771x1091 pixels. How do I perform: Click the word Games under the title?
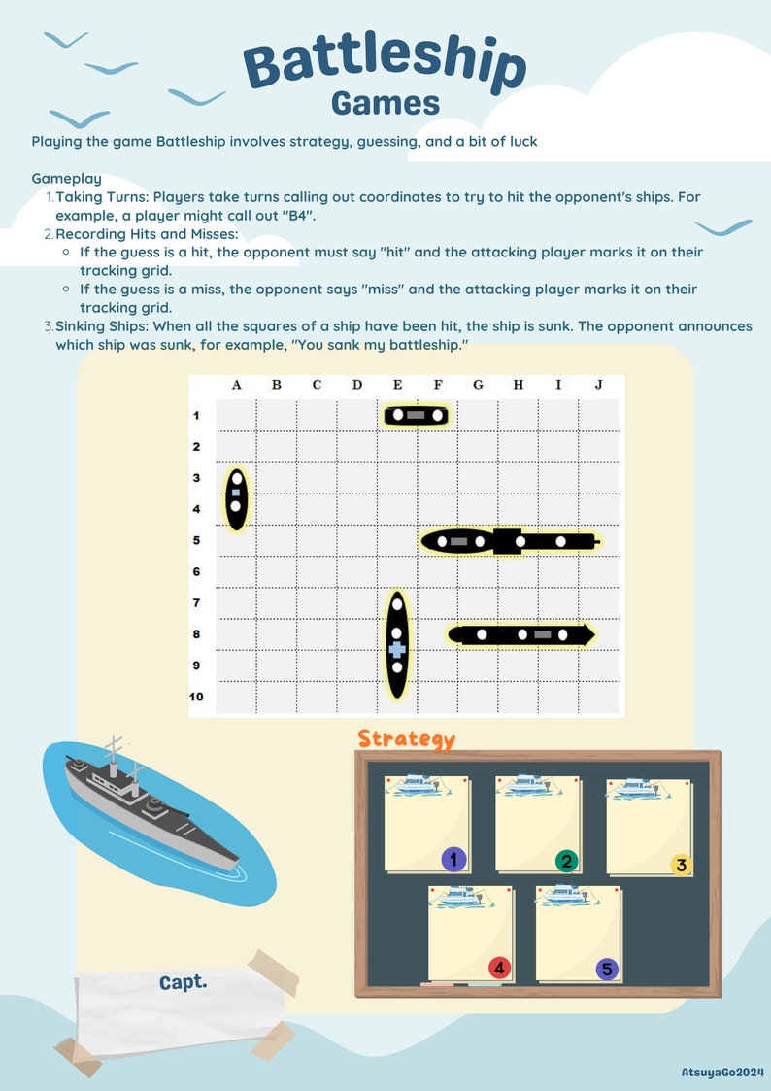click(x=385, y=103)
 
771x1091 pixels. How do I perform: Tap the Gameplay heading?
click(x=66, y=179)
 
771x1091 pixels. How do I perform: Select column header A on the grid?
click(x=236, y=385)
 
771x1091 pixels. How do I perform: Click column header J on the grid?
click(x=598, y=385)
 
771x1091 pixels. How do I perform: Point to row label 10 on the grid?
click(x=196, y=697)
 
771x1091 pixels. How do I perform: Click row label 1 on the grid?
click(x=196, y=416)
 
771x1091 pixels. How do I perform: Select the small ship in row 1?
click(x=416, y=416)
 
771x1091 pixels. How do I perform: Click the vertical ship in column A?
click(x=236, y=497)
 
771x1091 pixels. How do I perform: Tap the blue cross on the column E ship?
click(x=396, y=647)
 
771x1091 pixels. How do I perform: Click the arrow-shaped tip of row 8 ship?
click(x=586, y=634)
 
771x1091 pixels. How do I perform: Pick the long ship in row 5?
click(x=510, y=541)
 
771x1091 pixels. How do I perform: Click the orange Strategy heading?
click(x=406, y=739)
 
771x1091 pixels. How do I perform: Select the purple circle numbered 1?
click(x=453, y=859)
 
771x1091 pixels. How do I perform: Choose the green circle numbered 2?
click(x=566, y=861)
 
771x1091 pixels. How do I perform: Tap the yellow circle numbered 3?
click(x=680, y=865)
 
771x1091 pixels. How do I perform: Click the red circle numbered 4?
click(x=499, y=968)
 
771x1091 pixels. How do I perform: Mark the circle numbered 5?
click(x=607, y=969)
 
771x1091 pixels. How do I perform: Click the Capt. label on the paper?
click(x=184, y=982)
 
